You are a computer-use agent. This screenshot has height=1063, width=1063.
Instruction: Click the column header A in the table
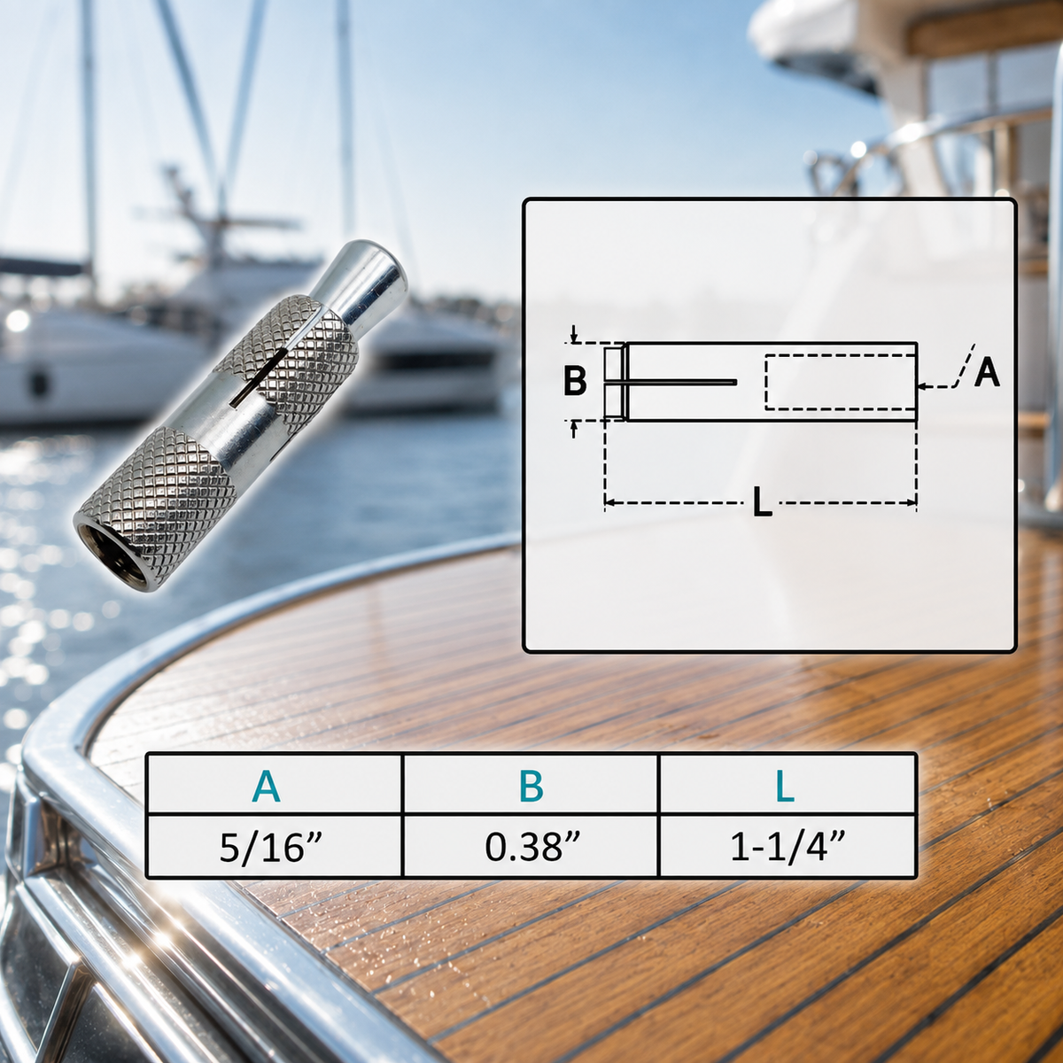click(x=266, y=786)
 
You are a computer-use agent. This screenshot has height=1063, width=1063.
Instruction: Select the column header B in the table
click(x=531, y=786)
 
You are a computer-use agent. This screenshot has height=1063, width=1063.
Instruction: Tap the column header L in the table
click(x=785, y=786)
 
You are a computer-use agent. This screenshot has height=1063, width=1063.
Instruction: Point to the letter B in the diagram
click(x=575, y=381)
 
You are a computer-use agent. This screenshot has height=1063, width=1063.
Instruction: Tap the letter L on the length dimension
click(x=763, y=502)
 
